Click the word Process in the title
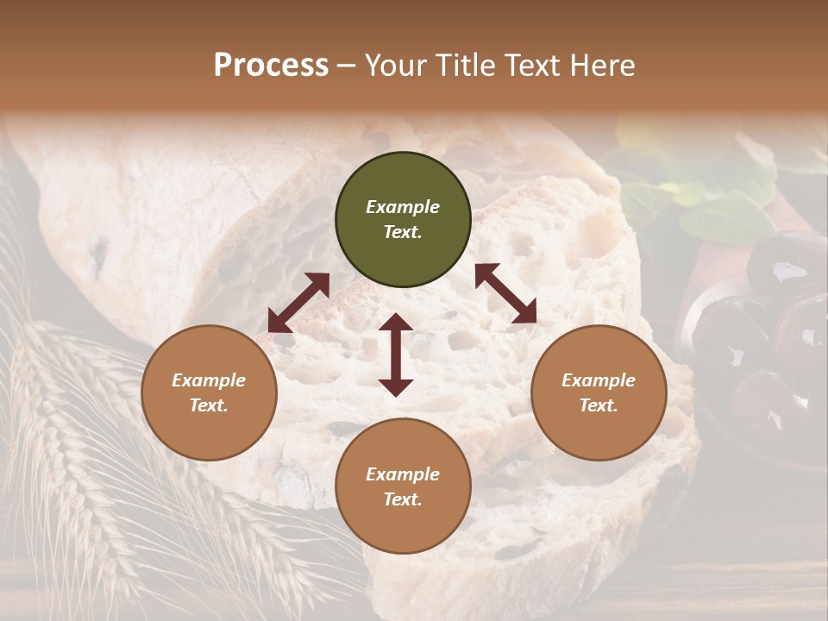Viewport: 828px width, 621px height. pos(271,66)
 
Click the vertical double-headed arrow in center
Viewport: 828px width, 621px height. pos(396,354)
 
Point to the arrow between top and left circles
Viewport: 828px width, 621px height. pos(298,303)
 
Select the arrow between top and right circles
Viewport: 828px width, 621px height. pos(505,293)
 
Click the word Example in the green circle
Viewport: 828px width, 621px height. pos(403,207)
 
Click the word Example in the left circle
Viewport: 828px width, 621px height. pos(209,380)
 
